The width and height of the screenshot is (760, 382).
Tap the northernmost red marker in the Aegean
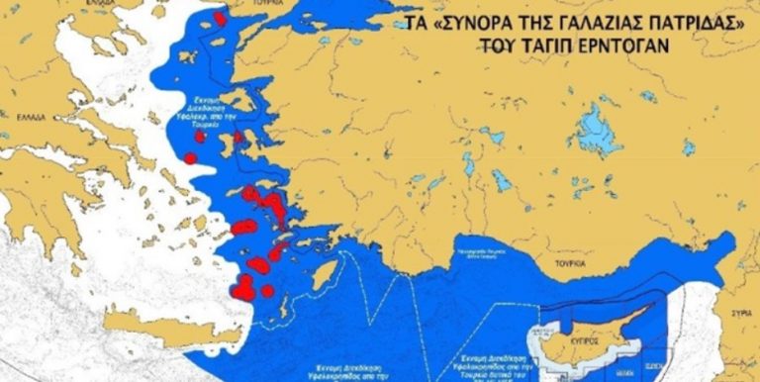tap(219, 18)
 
